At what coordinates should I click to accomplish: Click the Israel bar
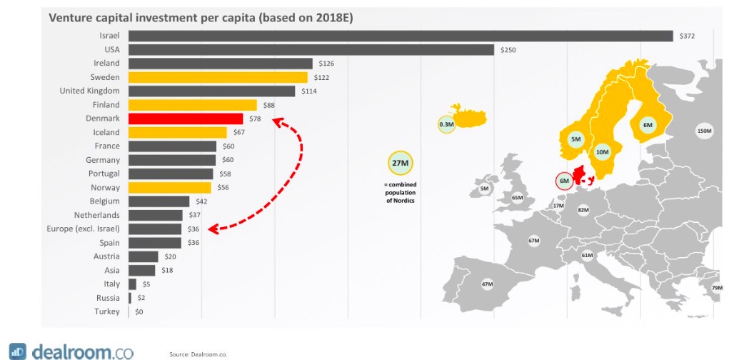[400, 36]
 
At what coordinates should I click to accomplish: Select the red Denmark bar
[185, 119]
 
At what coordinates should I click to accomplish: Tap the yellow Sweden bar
[218, 77]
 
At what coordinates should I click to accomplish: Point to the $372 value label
[687, 36]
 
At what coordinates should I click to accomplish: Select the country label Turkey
[107, 311]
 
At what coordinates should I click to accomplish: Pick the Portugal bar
[170, 174]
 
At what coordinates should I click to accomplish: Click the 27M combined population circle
[398, 164]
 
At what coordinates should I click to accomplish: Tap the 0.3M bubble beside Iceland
[447, 125]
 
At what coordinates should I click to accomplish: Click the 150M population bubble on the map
[704, 131]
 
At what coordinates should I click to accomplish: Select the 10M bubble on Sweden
[602, 151]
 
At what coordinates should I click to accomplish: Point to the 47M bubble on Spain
[488, 284]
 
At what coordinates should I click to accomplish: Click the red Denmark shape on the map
[583, 174]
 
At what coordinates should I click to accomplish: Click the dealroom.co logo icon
[18, 351]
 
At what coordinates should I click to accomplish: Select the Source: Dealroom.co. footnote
[198, 354]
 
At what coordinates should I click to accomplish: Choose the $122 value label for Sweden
[321, 77]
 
